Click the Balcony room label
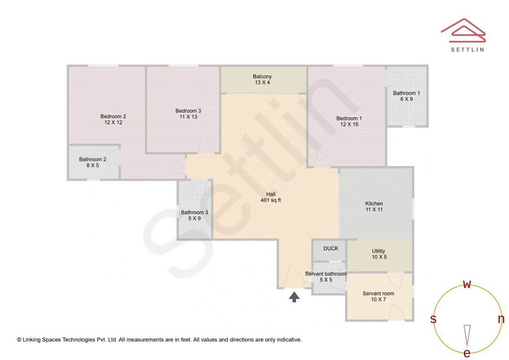pyautogui.click(x=262, y=76)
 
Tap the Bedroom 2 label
pyautogui.click(x=113, y=116)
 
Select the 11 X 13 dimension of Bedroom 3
pyautogui.click(x=189, y=117)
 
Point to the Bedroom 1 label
pyautogui.click(x=349, y=118)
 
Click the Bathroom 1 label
pyautogui.click(x=406, y=93)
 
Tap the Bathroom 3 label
pyautogui.click(x=194, y=212)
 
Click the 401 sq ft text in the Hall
pyautogui.click(x=271, y=200)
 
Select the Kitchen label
pyautogui.click(x=374, y=204)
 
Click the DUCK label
pyautogui.click(x=331, y=248)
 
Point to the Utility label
pyautogui.click(x=378, y=251)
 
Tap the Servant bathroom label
pyautogui.click(x=326, y=274)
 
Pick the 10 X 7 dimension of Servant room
pyautogui.click(x=378, y=299)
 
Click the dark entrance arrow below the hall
pyautogui.click(x=294, y=296)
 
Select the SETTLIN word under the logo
pyautogui.click(x=467, y=49)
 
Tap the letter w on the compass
pyautogui.click(x=467, y=284)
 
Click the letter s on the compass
pyautogui.click(x=433, y=319)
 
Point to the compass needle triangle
pyautogui.click(x=467, y=335)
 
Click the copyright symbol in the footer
pyautogui.click(x=19, y=340)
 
